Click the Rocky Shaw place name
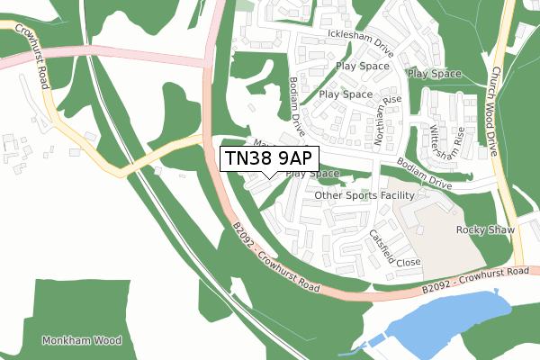[x=485, y=230]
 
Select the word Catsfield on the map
[x=382, y=243]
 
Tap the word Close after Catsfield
[x=408, y=263]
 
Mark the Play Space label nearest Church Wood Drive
[x=434, y=74]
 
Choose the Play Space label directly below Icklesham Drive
[x=362, y=66]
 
